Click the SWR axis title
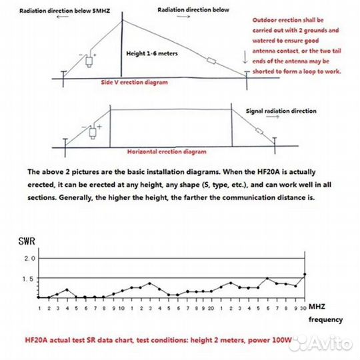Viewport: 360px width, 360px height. coord(27,241)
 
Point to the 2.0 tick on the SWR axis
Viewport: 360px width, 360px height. coord(30,259)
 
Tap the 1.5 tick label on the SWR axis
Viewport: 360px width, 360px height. coord(28,279)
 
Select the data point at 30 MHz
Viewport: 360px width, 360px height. coord(305,275)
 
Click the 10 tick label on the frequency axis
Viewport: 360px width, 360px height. coord(121,309)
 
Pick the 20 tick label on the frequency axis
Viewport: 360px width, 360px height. coord(211,309)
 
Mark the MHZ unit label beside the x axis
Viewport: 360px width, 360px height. coord(317,307)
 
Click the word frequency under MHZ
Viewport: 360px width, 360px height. coord(325,319)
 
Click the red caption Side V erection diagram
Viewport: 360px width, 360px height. coord(134,83)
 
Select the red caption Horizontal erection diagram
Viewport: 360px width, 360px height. coord(167,152)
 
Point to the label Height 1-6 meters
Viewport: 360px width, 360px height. coord(152,54)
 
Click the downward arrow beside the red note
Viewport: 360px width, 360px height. coord(245,57)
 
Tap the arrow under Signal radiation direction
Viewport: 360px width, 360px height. coord(273,117)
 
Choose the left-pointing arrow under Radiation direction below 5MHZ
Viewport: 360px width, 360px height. coord(63,17)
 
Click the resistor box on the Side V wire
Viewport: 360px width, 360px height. coord(211,61)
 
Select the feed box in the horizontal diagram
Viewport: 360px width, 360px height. coord(93,133)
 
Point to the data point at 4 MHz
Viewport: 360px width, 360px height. coord(67,290)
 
